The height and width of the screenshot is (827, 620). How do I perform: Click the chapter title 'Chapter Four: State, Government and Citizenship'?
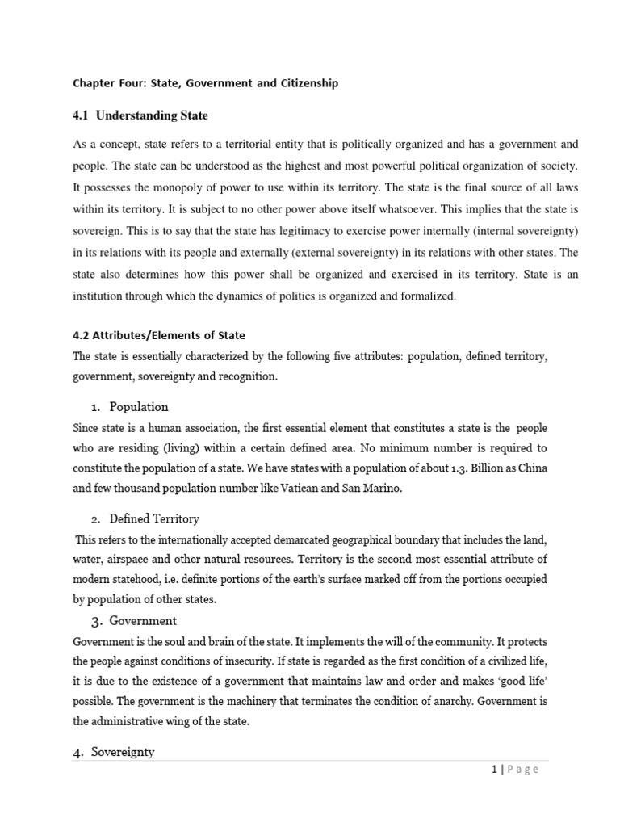coord(205,82)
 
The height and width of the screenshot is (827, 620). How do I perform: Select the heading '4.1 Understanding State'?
coord(140,115)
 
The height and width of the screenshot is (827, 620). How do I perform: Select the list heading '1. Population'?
coord(129,406)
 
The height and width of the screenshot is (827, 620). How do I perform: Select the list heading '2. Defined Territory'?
coord(144,518)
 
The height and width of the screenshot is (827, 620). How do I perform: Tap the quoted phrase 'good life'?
coord(519,681)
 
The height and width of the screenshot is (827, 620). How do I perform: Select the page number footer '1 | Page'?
coord(513,769)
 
